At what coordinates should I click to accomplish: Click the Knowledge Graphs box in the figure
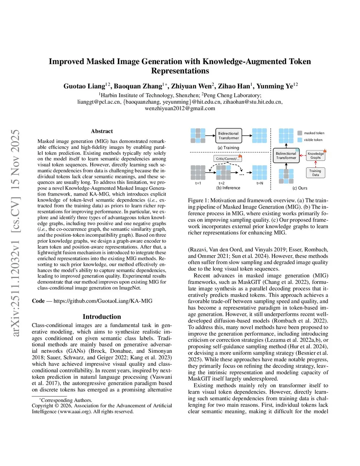click(x=315, y=155)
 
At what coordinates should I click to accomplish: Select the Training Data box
click(x=315, y=173)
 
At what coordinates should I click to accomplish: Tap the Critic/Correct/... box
click(x=228, y=159)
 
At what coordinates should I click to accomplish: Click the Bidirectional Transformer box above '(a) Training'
click(x=228, y=136)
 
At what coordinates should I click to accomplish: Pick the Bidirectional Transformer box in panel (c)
click(x=286, y=155)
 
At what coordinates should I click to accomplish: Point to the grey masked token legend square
click(x=300, y=133)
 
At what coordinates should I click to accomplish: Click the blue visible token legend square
click(x=300, y=140)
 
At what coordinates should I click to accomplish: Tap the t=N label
click(x=259, y=183)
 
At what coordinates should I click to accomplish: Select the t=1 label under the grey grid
click(x=198, y=183)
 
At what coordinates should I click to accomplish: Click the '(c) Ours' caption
click(x=300, y=188)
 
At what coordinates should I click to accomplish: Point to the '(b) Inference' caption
click(x=228, y=188)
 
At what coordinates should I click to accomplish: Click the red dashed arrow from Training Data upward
click(x=315, y=164)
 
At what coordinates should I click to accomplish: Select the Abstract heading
click(x=102, y=131)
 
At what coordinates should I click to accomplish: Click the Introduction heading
click(x=102, y=317)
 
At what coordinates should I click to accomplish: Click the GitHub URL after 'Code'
click(x=103, y=301)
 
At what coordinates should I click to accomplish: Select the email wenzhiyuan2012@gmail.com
click(x=180, y=108)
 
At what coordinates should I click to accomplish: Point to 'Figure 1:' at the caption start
click(x=198, y=200)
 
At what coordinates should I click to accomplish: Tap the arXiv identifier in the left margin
click(x=16, y=232)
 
